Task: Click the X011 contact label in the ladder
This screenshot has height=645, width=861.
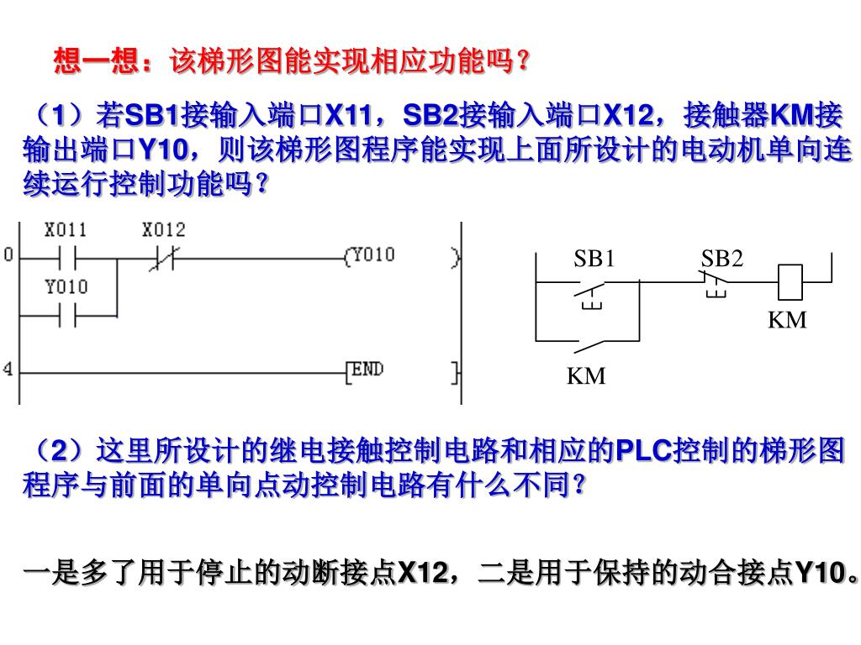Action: pos(66,229)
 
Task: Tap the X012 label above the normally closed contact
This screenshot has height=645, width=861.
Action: pos(163,229)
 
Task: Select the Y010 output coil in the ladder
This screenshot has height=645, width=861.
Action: pos(370,255)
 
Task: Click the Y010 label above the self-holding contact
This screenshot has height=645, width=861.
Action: pos(66,287)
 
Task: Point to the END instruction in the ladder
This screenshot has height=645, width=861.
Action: pos(366,370)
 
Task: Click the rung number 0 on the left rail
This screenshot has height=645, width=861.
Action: pos(8,255)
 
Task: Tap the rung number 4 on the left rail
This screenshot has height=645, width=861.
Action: pos(8,370)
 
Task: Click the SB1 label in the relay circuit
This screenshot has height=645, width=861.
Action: pos(594,259)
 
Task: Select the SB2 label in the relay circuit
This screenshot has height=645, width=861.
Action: pos(722,259)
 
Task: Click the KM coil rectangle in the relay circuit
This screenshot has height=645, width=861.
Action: pos(790,282)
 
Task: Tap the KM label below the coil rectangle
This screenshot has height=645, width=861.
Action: pos(787,320)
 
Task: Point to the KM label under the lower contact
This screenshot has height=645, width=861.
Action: pos(586,376)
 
